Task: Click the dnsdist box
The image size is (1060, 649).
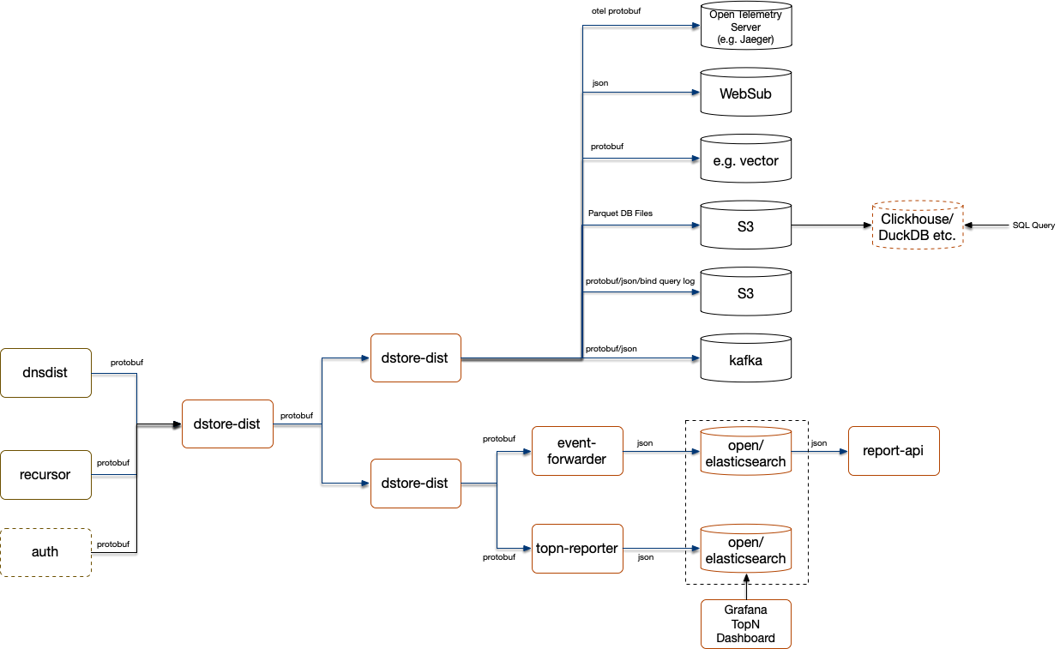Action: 45,373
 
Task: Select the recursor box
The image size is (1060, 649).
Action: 45,475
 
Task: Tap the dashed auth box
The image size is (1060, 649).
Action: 45,552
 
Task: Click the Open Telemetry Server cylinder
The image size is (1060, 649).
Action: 745,27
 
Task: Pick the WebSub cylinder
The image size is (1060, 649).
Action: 745,93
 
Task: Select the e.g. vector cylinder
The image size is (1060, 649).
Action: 745,159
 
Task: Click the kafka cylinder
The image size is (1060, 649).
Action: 745,359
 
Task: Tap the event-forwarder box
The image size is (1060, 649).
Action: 577,451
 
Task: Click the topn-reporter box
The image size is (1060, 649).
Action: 577,548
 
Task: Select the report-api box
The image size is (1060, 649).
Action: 894,451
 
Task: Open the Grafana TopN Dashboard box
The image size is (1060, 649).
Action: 745,624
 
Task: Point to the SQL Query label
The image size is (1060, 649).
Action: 1033,225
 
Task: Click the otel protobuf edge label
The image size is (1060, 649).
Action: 616,10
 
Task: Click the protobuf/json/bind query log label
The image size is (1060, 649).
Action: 639,280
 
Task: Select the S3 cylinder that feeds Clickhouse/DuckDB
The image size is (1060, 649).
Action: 745,226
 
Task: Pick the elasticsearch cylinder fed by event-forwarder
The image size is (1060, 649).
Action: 745,453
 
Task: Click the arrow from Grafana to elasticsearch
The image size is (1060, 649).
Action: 746,587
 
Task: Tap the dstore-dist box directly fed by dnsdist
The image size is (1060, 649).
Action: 227,424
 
